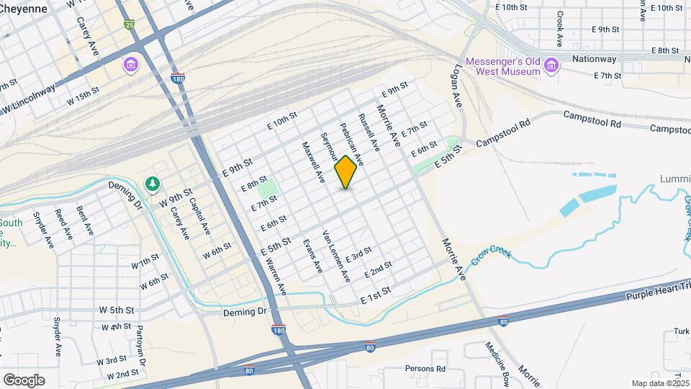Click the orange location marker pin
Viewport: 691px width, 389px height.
click(x=346, y=171)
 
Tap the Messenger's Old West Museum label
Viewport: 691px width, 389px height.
click(x=502, y=66)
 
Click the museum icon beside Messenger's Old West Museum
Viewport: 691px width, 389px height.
click(x=551, y=66)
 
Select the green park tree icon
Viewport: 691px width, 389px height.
click(x=153, y=184)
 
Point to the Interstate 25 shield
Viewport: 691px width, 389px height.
click(x=129, y=25)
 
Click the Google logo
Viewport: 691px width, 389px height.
click(x=24, y=380)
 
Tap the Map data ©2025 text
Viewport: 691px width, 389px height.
click(x=659, y=383)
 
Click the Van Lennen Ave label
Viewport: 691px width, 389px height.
click(x=336, y=256)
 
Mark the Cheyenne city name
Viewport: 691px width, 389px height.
click(x=24, y=8)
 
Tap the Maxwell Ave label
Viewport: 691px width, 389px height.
click(x=311, y=161)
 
